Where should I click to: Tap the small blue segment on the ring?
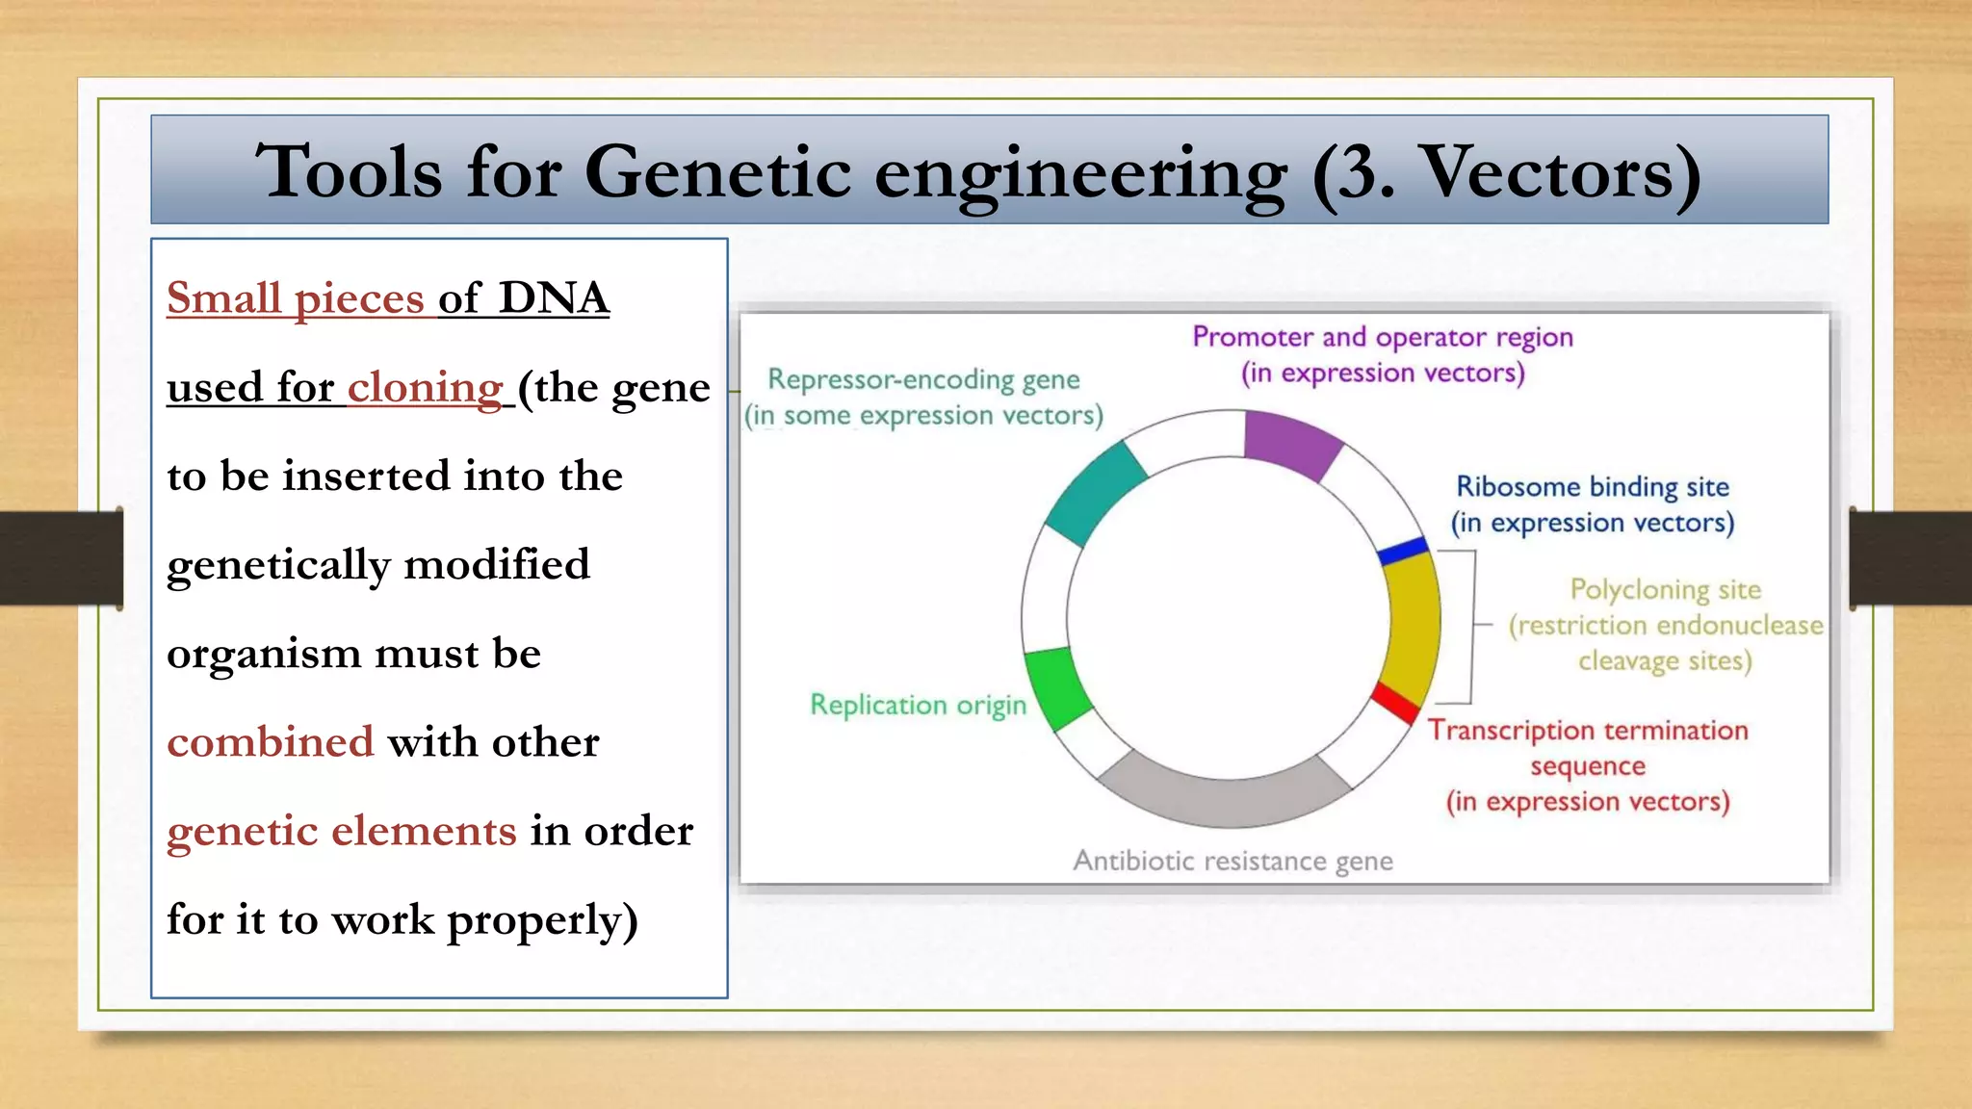click(1403, 552)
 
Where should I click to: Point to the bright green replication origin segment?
click(1057, 687)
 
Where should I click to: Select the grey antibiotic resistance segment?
click(1225, 793)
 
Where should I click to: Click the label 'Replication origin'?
click(918, 705)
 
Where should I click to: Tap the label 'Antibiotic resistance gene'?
click(1232, 861)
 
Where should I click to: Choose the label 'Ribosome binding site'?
click(1592, 487)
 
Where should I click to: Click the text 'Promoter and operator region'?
click(1382, 337)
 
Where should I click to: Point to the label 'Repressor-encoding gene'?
click(922, 379)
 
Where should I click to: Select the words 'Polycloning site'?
click(1665, 589)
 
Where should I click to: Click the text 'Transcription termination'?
click(1587, 730)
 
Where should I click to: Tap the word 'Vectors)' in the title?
click(1560, 173)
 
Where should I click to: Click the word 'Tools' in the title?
click(349, 173)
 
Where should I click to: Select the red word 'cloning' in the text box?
click(425, 388)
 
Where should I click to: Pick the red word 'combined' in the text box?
click(270, 742)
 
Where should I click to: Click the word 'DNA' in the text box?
click(554, 298)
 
